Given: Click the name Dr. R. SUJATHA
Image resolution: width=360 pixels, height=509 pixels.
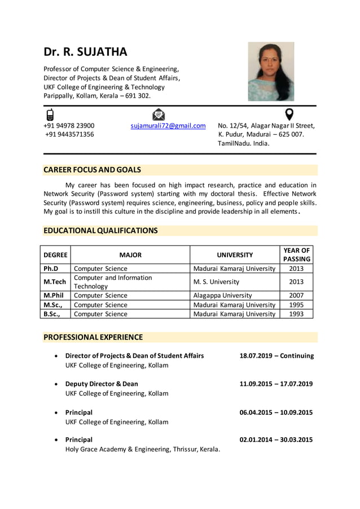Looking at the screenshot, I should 86,52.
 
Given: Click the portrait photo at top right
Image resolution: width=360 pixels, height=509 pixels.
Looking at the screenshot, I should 271,72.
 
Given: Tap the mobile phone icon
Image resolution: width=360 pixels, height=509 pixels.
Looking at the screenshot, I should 50,115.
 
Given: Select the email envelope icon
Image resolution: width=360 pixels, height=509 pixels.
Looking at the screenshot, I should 159,115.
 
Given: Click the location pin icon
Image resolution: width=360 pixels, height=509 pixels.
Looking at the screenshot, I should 289,114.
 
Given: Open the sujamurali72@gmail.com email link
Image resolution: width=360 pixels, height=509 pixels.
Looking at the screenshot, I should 168,125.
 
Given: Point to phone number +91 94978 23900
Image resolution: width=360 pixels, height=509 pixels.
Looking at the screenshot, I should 69,125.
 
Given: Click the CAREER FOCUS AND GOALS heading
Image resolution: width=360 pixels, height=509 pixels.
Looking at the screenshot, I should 93,170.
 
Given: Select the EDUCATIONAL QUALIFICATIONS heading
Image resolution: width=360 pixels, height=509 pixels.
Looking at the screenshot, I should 101,230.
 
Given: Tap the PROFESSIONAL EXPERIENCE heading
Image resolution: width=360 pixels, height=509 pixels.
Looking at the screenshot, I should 93,337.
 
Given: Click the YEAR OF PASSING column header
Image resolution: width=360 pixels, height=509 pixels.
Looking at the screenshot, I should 296,254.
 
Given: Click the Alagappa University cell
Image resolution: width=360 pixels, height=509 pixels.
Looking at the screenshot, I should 222,295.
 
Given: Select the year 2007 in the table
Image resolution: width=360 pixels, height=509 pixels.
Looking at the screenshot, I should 296,295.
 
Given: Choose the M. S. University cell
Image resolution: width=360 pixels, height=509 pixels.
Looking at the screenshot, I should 216,282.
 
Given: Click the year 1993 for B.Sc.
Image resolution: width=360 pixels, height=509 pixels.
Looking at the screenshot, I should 296,314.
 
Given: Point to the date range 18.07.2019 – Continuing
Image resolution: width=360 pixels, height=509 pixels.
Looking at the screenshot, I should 276,356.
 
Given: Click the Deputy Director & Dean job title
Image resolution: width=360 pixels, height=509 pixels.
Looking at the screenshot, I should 102,384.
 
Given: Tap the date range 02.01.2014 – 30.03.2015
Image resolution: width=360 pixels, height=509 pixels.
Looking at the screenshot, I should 276,440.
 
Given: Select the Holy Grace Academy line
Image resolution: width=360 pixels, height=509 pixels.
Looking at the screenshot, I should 142,449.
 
